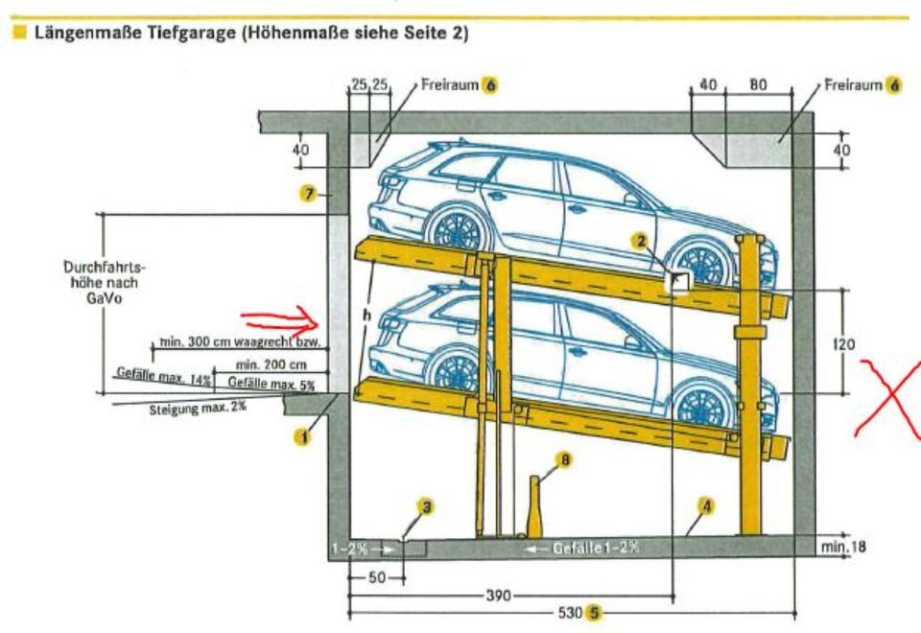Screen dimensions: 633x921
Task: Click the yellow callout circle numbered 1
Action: pyautogui.click(x=302, y=437)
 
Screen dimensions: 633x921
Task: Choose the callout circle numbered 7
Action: pyautogui.click(x=308, y=195)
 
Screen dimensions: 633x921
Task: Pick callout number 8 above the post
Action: pyautogui.click(x=565, y=461)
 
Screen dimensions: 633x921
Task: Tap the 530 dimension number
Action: pyautogui.click(x=571, y=612)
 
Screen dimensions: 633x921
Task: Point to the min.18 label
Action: pyautogui.click(x=844, y=547)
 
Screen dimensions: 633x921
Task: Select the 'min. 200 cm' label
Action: pyautogui.click(x=271, y=365)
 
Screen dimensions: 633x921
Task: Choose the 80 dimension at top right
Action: pyautogui.click(x=758, y=85)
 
